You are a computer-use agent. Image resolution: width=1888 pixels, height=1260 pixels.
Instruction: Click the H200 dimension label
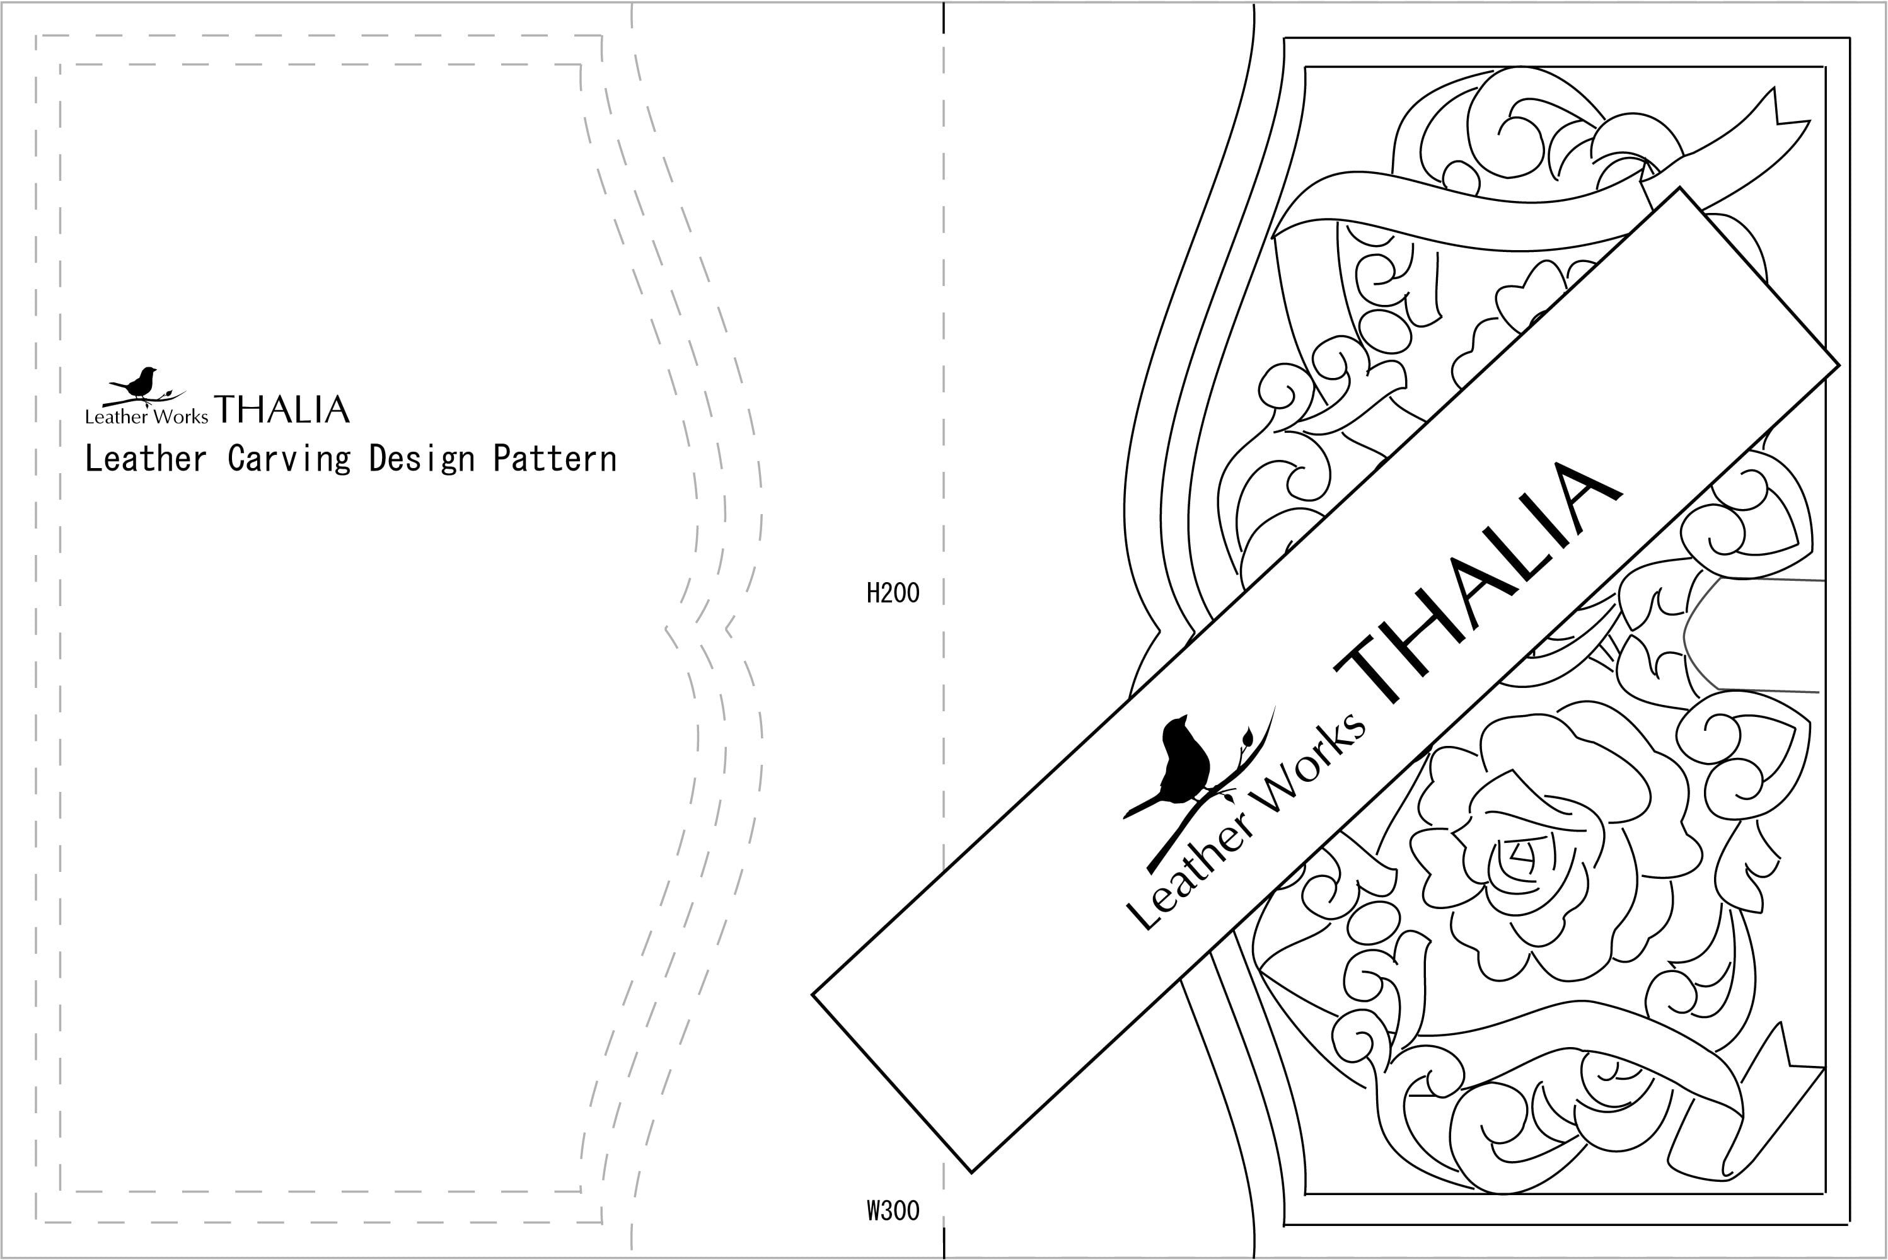point(893,593)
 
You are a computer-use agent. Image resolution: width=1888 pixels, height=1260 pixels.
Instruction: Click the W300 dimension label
point(893,1210)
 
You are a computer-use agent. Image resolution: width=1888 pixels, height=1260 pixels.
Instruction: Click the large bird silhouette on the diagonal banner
point(1182,764)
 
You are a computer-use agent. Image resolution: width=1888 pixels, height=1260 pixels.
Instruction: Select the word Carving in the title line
point(289,459)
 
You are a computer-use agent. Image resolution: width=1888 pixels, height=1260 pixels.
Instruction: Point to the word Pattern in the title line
point(555,459)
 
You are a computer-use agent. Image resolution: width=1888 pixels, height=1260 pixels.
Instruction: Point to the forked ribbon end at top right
point(1781,120)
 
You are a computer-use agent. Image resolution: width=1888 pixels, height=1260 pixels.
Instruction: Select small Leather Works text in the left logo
point(146,416)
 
